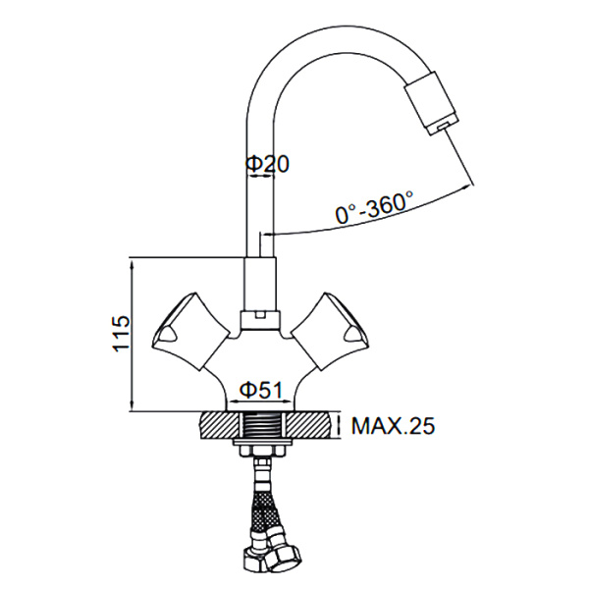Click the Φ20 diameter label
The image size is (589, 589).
pos(268,165)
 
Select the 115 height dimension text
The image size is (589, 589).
pos(120,334)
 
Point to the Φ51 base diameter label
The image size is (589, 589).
pos(262,390)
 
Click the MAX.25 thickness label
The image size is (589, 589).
pos(394,427)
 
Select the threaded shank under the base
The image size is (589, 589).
pos(261,426)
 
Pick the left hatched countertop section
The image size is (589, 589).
pos(218,425)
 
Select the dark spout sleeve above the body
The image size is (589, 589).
pos(260,285)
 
